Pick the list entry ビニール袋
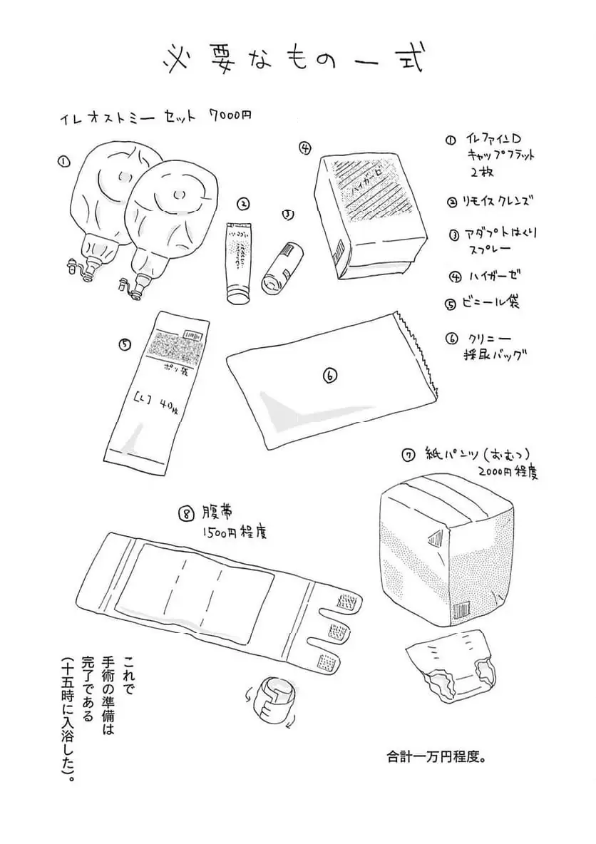[493, 302]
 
